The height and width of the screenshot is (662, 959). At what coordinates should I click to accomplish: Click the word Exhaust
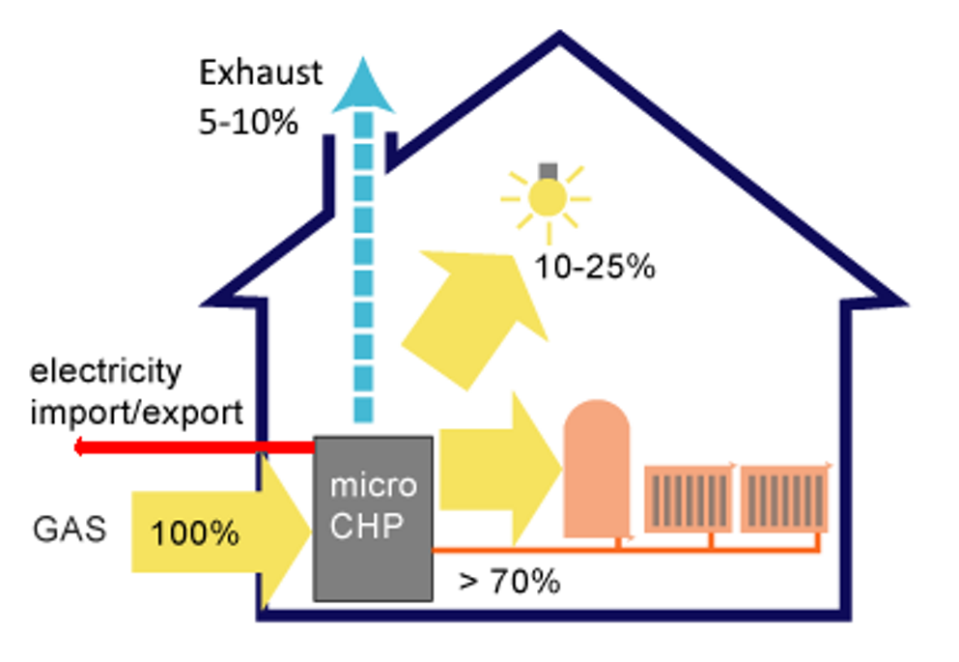[x=261, y=73]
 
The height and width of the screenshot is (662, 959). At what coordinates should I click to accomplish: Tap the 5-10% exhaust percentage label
[x=248, y=123]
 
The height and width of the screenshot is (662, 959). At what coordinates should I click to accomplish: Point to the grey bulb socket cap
[x=549, y=171]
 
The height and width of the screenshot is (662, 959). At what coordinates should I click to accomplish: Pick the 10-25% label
[x=596, y=268]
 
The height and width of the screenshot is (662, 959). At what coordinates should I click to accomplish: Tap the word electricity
[x=105, y=371]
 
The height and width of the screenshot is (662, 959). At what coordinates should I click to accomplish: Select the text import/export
[x=136, y=413]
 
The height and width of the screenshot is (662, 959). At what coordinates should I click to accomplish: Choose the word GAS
[x=69, y=531]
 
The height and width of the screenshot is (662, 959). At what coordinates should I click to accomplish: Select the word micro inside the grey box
[x=373, y=484]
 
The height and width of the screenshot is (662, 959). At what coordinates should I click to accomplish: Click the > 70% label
[x=510, y=582]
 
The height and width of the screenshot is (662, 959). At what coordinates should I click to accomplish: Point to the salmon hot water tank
[x=596, y=468]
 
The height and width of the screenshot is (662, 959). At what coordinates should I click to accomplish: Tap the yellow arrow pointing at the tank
[x=497, y=469]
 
